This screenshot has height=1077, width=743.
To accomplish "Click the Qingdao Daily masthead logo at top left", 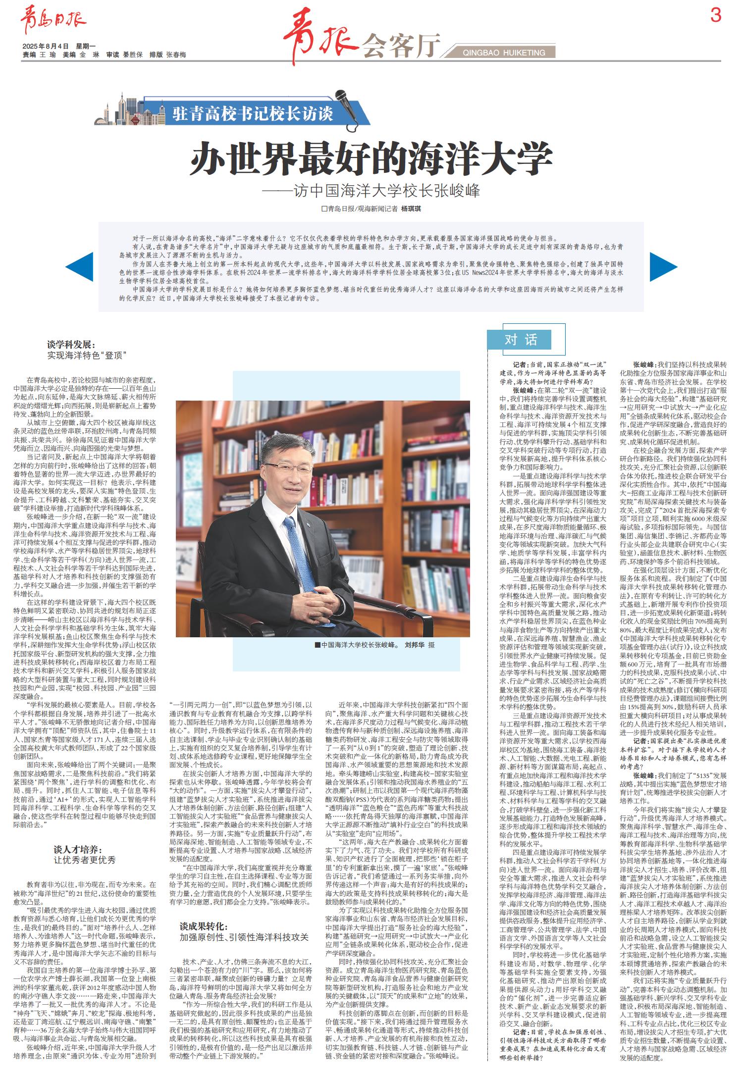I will click(53, 22).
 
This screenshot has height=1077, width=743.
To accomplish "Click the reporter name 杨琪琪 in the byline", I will click(411, 209).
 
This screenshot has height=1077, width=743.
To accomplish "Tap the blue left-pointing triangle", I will click(80, 267).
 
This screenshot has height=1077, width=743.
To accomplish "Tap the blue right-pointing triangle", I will click(662, 267).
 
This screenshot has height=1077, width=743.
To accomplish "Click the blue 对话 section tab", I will click(520, 339).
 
